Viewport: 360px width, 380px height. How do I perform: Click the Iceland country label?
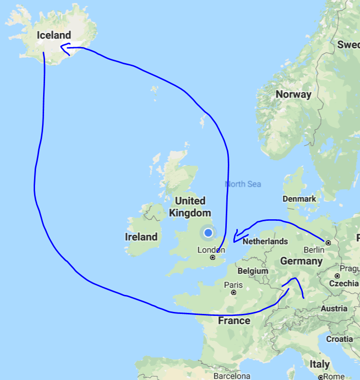[x=54, y=35]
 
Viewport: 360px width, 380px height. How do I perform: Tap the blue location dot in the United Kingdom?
[x=208, y=233]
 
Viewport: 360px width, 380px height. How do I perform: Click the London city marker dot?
[x=212, y=257]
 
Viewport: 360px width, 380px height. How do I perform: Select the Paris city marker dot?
[x=233, y=292]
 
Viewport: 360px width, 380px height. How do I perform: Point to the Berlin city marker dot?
[x=328, y=242]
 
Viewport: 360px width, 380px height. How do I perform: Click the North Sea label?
[x=243, y=184]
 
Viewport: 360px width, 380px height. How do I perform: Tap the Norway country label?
[x=293, y=94]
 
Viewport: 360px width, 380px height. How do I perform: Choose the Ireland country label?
[x=141, y=237]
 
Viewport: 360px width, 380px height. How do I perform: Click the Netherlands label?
[x=265, y=241]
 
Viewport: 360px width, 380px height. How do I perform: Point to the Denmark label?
[x=299, y=199]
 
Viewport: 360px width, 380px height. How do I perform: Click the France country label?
[x=234, y=320]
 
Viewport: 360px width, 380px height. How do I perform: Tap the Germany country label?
[x=301, y=261]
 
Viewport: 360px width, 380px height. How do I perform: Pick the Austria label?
[x=333, y=308]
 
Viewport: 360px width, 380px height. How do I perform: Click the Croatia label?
[x=340, y=339]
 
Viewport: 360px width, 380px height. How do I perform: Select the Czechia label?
[x=343, y=283]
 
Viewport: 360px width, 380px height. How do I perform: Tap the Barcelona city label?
[x=231, y=375]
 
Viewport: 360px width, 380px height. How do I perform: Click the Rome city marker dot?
[x=320, y=376]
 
